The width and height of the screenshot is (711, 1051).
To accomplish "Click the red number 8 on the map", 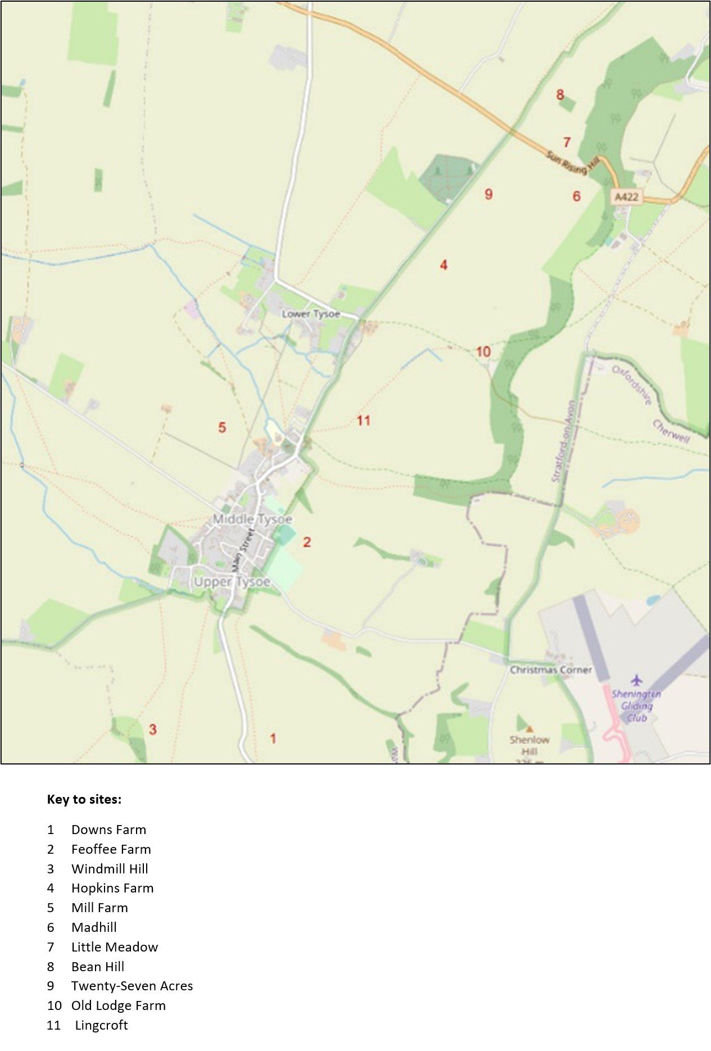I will tap(560, 94).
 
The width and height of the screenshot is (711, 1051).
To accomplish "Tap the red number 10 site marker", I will tap(483, 352).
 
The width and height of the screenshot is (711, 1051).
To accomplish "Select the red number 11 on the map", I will tap(364, 420).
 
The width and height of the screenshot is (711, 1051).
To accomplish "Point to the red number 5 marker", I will tap(222, 428).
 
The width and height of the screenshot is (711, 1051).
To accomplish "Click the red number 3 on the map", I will tap(152, 730).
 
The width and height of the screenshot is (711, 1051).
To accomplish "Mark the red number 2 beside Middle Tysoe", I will tap(307, 542).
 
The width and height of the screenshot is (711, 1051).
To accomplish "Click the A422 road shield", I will tap(626, 197).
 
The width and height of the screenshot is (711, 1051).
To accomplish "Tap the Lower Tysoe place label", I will tap(311, 314).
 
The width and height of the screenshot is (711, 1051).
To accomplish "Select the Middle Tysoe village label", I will tap(252, 519).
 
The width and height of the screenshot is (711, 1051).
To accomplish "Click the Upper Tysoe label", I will tap(232, 582).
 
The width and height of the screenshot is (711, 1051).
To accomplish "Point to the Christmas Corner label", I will tap(551, 670).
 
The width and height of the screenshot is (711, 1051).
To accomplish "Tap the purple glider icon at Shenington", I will tap(636, 681).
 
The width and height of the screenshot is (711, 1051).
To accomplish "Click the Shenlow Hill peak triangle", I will tap(529, 729).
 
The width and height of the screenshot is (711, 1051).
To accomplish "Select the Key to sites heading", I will tap(84, 799).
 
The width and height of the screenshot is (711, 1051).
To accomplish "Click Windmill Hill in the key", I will tap(110, 869).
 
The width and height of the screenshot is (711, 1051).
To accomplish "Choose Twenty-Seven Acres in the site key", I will tap(132, 986).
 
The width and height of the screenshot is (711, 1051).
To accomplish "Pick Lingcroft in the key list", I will tap(101, 1025).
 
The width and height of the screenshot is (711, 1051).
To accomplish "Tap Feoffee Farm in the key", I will tap(111, 849).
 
